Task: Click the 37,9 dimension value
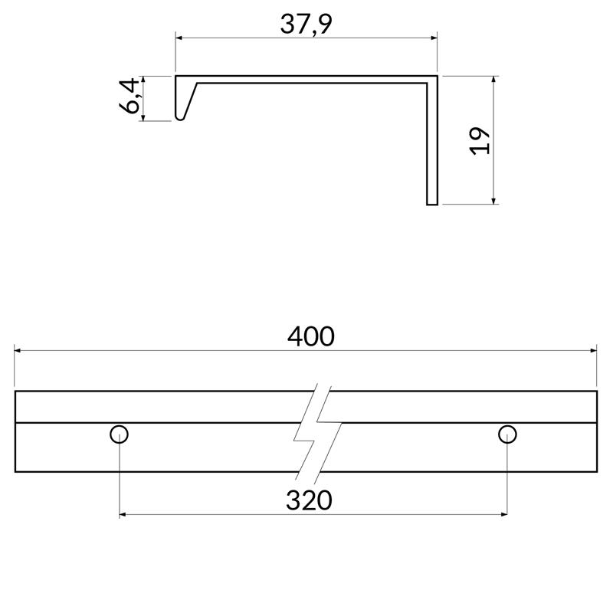coord(306,25)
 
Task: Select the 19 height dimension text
coord(480,140)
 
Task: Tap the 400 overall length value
coord(310,336)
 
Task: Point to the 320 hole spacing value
coord(310,500)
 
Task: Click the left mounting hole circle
coord(119,434)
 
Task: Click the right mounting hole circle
coord(507,434)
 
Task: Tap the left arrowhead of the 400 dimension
coord(18,351)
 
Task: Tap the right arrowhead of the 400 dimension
coord(594,351)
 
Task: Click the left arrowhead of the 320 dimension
coord(123,514)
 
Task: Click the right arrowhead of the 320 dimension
coord(503,514)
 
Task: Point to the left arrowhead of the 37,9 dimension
coord(179,36)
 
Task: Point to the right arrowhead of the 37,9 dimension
coord(434,36)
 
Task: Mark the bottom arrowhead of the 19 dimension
coord(494,202)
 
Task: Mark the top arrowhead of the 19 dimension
coord(494,80)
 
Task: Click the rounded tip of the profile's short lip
coord(179,118)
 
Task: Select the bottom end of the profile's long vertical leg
coord(432,204)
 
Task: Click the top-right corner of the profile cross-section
coord(436,77)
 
